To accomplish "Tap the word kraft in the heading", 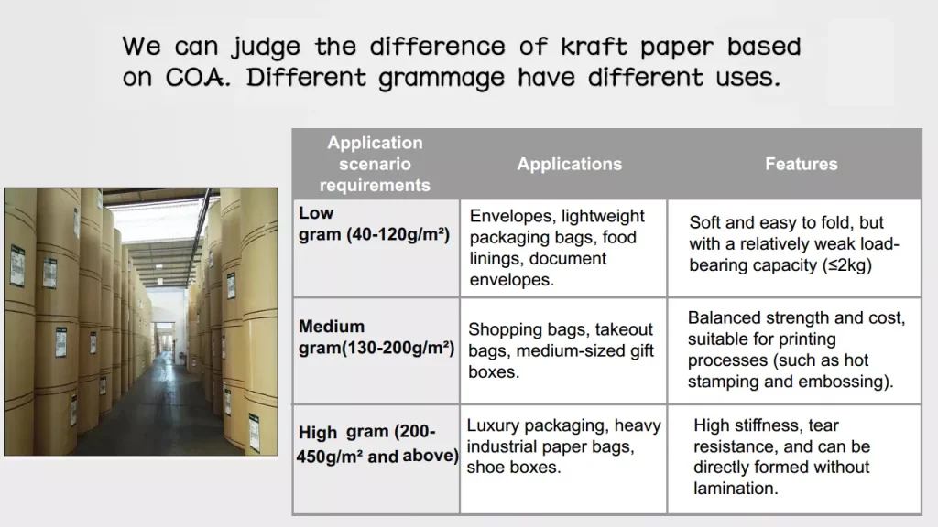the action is (x=594, y=47).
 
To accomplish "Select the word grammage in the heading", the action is (x=442, y=79).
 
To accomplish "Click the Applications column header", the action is (x=570, y=164).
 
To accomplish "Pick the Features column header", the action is (x=801, y=164).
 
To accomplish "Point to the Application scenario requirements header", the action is (x=375, y=164).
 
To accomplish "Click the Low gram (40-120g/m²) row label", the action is (x=374, y=223).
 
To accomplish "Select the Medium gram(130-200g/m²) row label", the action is (x=376, y=337).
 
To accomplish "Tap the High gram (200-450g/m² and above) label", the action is (x=376, y=444).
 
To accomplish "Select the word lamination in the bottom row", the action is (x=736, y=489).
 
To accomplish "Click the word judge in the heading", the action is (x=267, y=47).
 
